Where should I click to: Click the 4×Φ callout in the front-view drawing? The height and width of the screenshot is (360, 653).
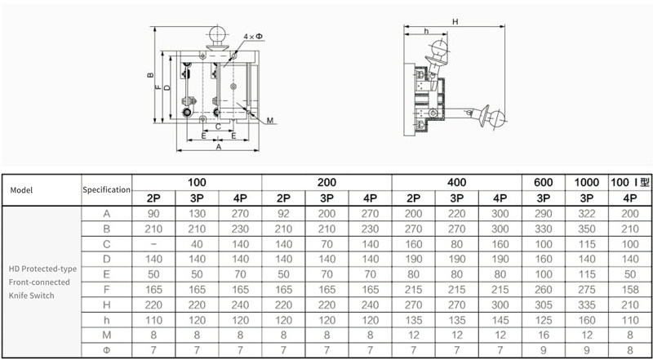click(253, 37)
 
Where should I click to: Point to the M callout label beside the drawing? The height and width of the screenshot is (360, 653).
click(270, 121)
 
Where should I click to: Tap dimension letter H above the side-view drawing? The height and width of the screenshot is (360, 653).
click(455, 22)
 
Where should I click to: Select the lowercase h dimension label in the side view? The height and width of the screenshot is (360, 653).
click(426, 31)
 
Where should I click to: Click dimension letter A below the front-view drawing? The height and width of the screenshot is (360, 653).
click(218, 147)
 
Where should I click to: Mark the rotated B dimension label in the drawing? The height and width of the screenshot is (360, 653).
click(150, 75)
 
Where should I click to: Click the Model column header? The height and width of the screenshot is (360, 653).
click(21, 190)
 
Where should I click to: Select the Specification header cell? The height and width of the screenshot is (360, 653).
click(107, 189)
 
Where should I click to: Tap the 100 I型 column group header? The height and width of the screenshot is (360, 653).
click(630, 182)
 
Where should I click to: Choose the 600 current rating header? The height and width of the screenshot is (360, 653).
click(543, 182)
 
